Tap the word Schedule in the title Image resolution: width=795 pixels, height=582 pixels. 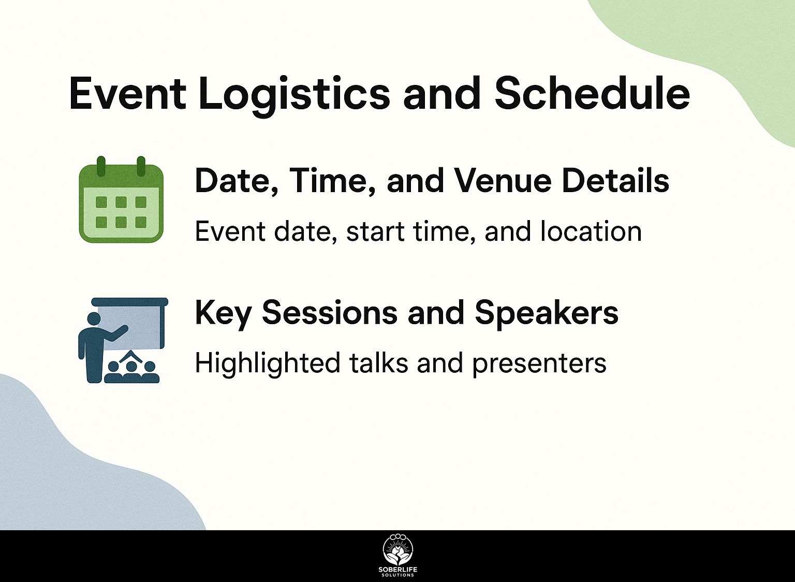click(592, 93)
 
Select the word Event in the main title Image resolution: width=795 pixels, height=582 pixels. click(127, 94)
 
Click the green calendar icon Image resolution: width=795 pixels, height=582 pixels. click(121, 199)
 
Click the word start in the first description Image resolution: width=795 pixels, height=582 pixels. click(375, 232)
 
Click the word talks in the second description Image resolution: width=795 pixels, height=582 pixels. click(378, 363)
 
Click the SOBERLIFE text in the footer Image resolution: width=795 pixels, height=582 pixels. click(398, 570)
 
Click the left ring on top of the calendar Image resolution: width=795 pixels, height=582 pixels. click(101, 166)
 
